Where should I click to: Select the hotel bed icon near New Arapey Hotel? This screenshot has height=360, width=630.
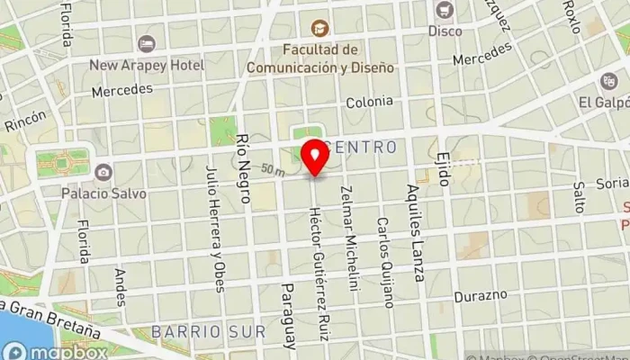click(147, 43)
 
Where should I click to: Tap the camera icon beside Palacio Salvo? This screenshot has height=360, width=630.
click(103, 171)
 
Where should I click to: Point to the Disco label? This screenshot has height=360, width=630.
click(445, 31)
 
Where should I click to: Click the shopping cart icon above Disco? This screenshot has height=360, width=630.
click(443, 10)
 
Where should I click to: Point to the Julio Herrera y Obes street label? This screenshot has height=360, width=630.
click(212, 229)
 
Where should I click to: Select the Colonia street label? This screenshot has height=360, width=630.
click(370, 103)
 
